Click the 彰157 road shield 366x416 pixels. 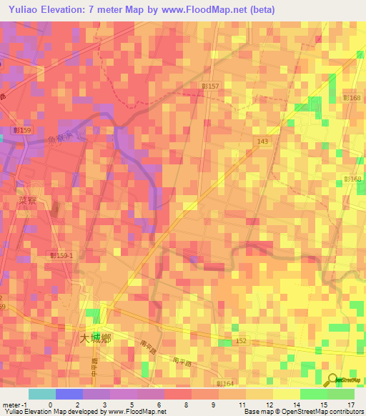click(x=211, y=86)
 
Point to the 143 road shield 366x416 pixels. click(x=264, y=142)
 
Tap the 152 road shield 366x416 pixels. click(x=241, y=342)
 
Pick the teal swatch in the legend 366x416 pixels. click(x=42, y=394)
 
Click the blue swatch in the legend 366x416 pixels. click(x=69, y=394)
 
